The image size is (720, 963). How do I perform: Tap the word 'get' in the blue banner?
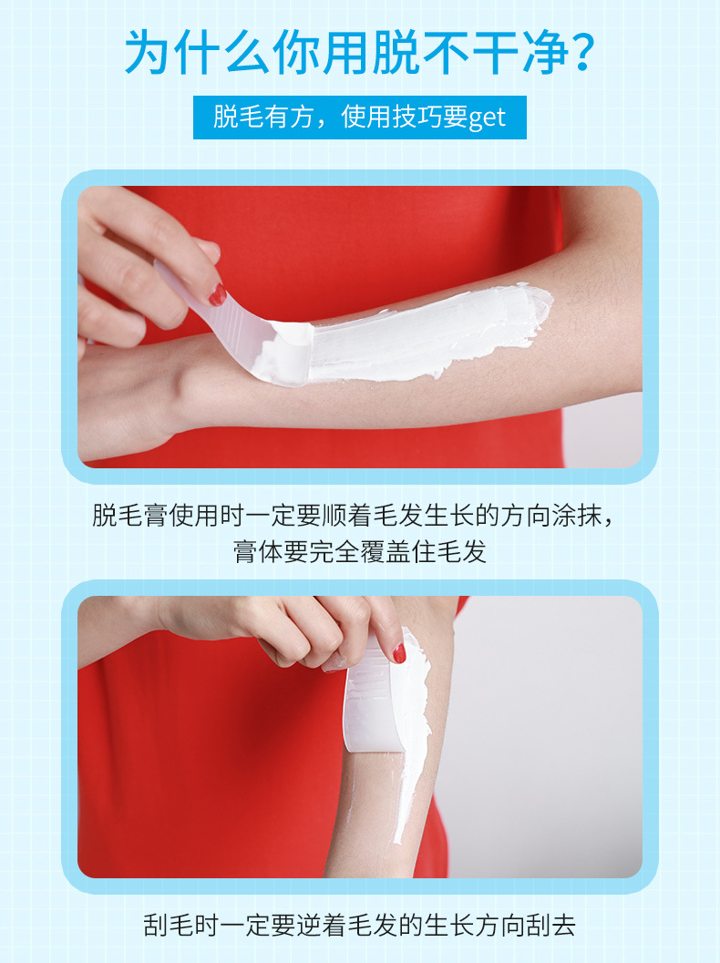(x=487, y=118)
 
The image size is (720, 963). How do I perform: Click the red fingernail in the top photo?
(x=218, y=295)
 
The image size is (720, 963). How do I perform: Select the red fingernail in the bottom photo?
(x=399, y=653)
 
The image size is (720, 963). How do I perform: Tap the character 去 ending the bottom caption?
(x=563, y=925)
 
